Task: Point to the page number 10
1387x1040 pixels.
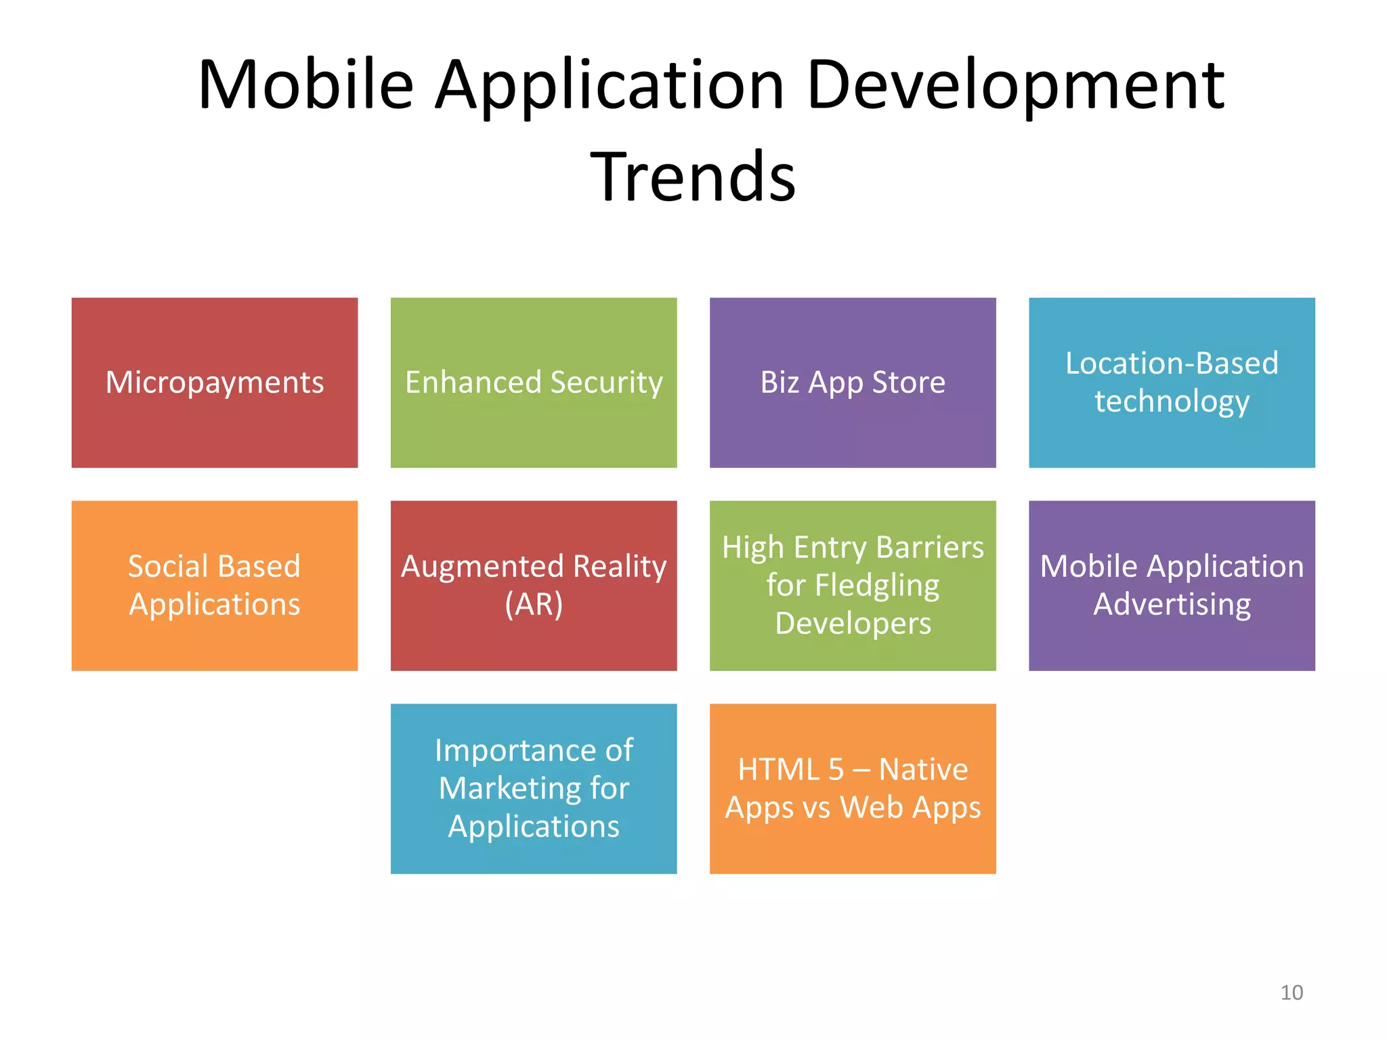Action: [x=1292, y=993]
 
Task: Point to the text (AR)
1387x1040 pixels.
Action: [x=534, y=604]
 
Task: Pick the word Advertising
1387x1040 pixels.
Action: [x=1172, y=604]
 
